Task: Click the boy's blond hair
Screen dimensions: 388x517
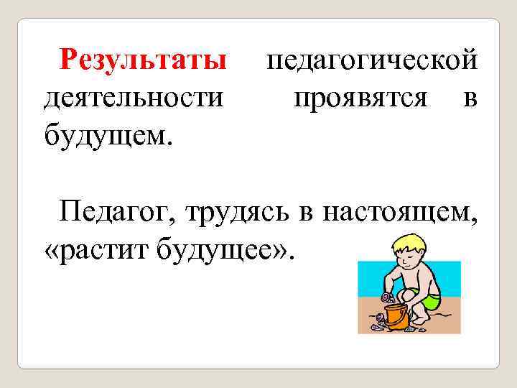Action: coord(407,241)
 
